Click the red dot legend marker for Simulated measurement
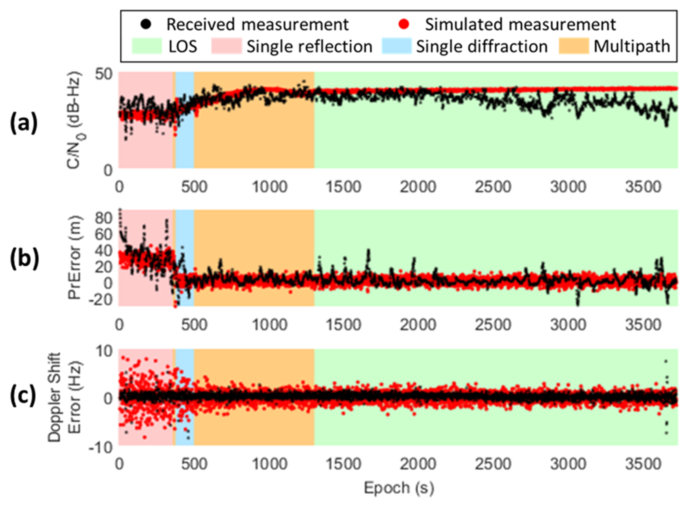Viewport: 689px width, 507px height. click(405, 25)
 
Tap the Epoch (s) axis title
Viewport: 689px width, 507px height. click(399, 488)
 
